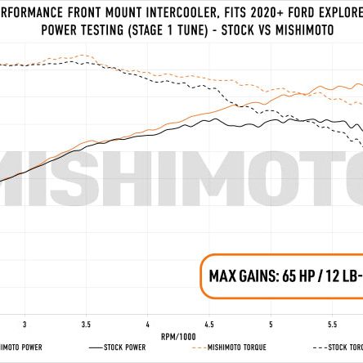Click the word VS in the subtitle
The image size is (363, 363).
coord(260,31)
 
